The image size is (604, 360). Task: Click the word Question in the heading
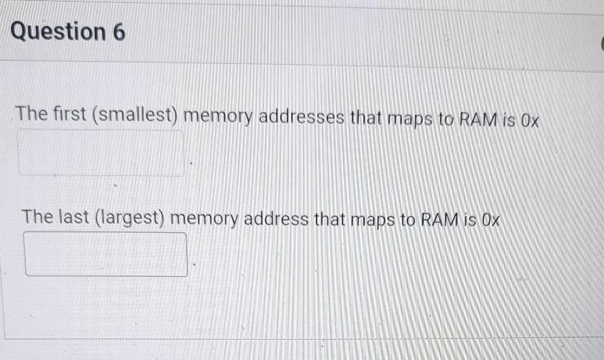tap(58, 32)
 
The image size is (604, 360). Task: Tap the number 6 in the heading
tap(119, 32)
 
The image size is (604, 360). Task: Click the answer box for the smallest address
tap(101, 153)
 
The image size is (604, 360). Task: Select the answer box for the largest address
tap(106, 255)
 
